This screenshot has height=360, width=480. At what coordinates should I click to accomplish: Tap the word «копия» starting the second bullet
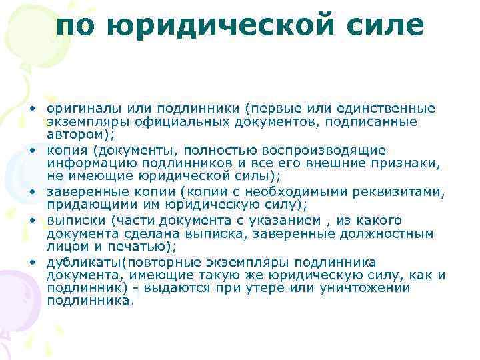click(x=63, y=150)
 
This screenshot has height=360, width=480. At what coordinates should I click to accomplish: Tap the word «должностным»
click(x=389, y=234)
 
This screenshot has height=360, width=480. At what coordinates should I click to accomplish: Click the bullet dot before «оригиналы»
click(x=32, y=109)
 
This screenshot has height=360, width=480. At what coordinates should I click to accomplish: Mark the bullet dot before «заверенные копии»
click(x=32, y=193)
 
